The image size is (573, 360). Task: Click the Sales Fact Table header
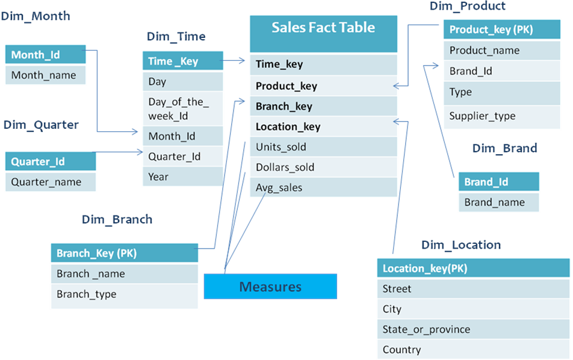(x=323, y=28)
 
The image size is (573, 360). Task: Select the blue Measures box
(x=270, y=287)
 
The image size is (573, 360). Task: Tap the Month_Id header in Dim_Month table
(x=45, y=55)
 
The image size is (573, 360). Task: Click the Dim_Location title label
(x=460, y=245)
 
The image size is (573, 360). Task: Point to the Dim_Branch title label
(x=117, y=220)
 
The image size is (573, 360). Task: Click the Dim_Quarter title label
(x=41, y=125)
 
